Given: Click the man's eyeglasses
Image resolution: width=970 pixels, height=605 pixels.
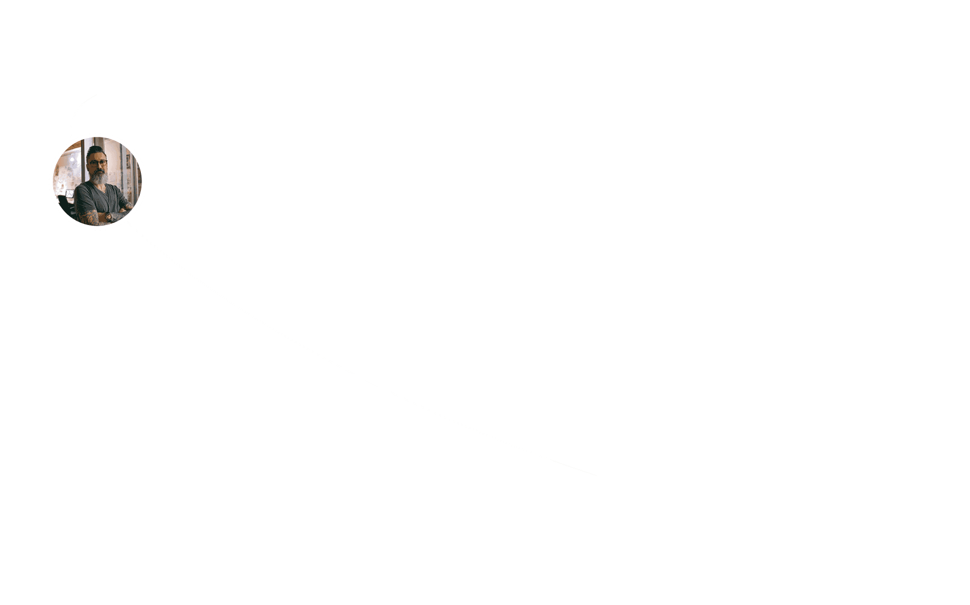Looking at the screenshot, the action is tap(97, 163).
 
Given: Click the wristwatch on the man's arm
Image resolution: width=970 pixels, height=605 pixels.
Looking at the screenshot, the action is tap(108, 217).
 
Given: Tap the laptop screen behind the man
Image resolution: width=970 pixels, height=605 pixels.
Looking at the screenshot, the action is tap(70, 194).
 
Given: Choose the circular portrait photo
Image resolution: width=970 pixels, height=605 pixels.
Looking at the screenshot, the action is tap(97, 181).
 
